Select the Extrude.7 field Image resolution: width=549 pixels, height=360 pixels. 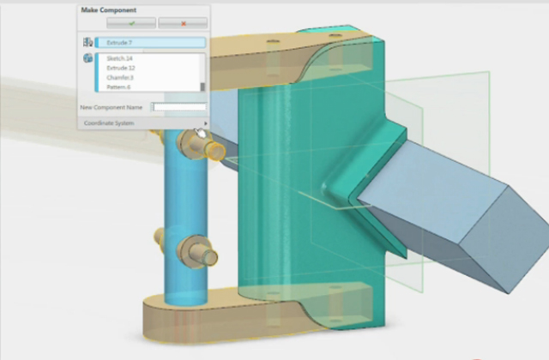tap(150, 42)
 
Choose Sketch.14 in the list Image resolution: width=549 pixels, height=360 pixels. tap(120, 58)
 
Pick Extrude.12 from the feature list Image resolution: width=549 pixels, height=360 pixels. tap(122, 68)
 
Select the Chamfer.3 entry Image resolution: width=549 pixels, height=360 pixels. tap(121, 77)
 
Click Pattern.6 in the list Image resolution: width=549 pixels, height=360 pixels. tap(120, 87)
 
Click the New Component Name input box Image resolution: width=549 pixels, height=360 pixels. tap(179, 107)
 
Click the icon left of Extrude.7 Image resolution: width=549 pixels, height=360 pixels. tap(87, 42)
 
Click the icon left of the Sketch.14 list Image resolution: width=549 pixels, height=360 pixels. tap(87, 58)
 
